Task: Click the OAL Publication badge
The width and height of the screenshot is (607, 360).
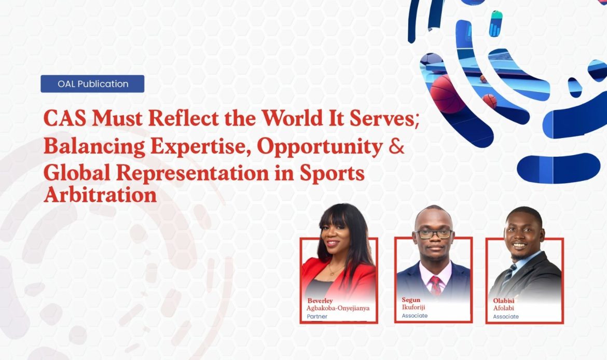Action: point(92,84)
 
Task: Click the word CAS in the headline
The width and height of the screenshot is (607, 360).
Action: point(65,118)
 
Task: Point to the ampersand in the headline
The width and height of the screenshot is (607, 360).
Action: point(396,146)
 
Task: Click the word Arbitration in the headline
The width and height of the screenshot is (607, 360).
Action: point(100,195)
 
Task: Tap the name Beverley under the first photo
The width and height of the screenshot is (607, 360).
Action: point(320,301)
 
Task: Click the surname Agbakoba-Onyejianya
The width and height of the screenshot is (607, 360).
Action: point(338,308)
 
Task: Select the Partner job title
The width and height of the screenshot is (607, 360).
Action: point(317,316)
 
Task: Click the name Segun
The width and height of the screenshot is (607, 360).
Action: point(411,300)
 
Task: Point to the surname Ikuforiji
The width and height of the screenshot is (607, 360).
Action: point(413,308)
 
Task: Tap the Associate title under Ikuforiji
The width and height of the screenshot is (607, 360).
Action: point(415,315)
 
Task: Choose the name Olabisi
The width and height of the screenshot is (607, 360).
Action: point(504,301)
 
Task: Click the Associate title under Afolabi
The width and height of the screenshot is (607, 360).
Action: point(506,316)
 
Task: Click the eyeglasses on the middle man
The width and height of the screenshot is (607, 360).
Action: point(434,234)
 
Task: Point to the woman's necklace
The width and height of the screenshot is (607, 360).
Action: point(335,269)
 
